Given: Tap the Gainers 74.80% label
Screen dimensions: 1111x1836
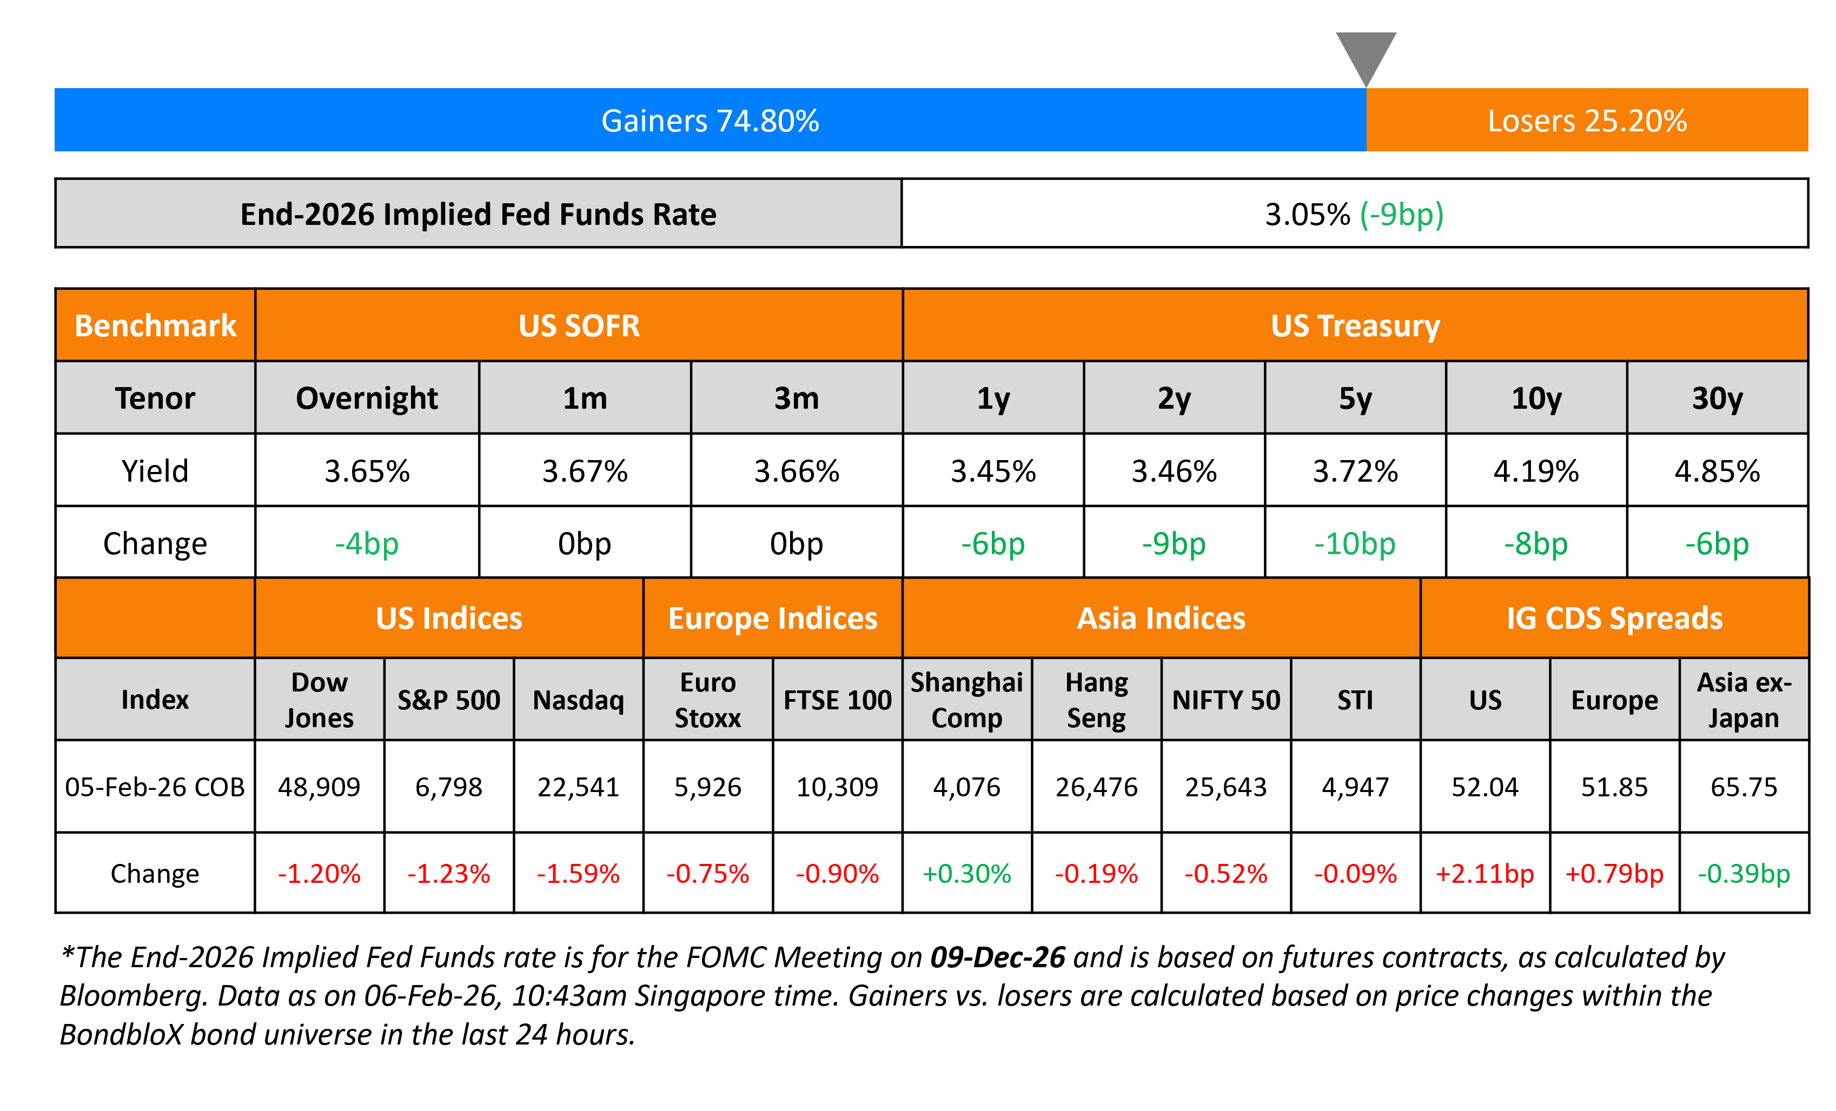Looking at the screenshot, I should coord(710,121).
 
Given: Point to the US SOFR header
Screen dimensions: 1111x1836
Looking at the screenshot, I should coord(579,325).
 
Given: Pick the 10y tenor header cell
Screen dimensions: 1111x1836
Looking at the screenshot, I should coord(1536,398).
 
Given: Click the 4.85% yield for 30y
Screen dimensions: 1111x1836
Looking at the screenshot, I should coord(1717,471).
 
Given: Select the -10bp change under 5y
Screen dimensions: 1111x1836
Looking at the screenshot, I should coord(1354,543).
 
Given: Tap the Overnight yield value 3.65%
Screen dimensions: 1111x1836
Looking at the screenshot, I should coord(367,471).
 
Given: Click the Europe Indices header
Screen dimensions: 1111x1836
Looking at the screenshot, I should coord(773,618).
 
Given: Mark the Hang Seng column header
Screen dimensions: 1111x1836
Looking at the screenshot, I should coord(1096,700).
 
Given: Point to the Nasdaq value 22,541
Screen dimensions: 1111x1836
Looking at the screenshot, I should coord(578,787).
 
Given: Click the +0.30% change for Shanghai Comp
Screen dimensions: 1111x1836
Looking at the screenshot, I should coord(966,873).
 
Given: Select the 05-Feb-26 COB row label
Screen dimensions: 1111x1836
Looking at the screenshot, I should coord(155,787).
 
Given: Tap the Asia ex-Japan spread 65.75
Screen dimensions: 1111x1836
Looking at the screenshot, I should coord(1744,787).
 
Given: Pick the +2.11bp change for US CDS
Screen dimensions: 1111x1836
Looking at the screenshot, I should coord(1484,873).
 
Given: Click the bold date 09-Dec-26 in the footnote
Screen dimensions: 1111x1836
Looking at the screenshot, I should coord(997,957).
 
